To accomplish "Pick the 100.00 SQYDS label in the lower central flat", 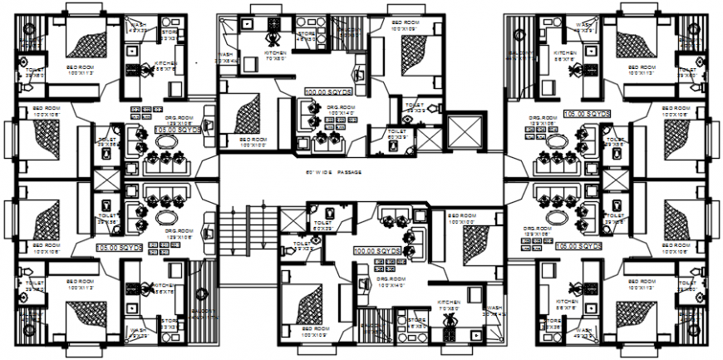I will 376,250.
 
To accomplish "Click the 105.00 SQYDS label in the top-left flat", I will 178,131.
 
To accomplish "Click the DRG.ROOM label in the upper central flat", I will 342,109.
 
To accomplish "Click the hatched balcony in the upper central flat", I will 351,33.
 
